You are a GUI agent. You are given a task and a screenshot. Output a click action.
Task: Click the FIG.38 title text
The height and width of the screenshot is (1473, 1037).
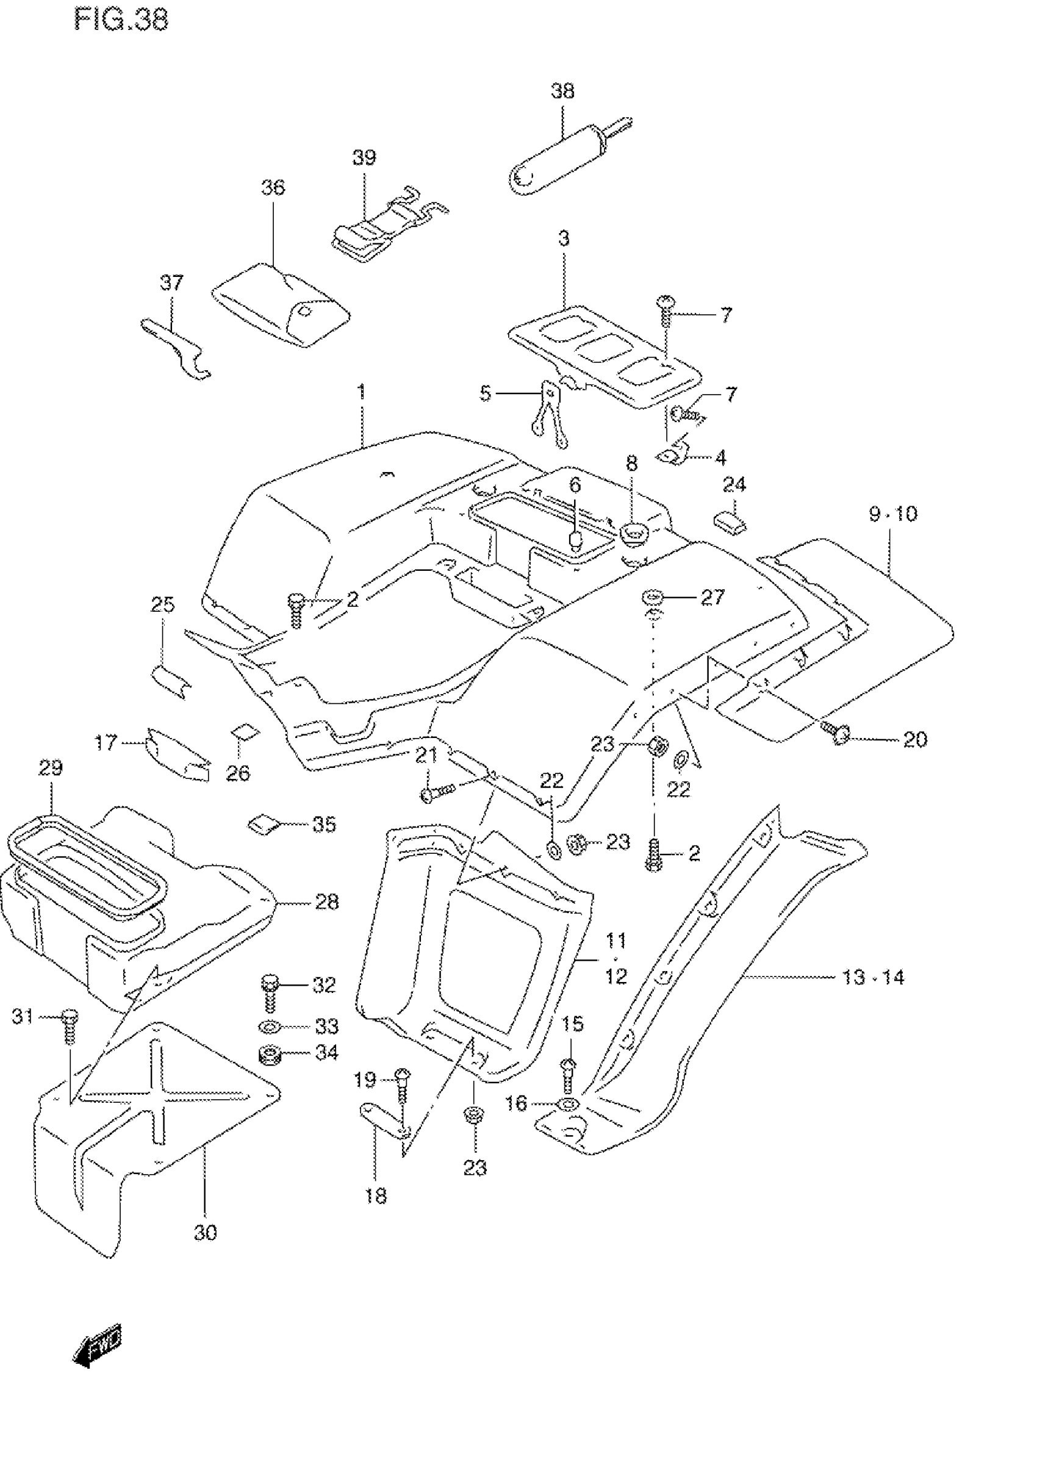pos(121,20)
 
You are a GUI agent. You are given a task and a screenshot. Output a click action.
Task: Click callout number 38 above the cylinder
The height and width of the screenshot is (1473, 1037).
pos(562,91)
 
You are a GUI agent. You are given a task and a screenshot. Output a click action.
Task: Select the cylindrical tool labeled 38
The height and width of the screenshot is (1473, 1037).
pos(558,157)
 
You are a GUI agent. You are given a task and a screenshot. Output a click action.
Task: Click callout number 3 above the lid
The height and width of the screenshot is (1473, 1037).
pos(564,238)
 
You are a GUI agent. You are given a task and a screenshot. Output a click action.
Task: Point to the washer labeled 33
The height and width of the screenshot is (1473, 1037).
pos(268,1027)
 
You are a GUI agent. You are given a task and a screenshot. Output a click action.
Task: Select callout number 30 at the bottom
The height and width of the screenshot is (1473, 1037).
pos(206,1232)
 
